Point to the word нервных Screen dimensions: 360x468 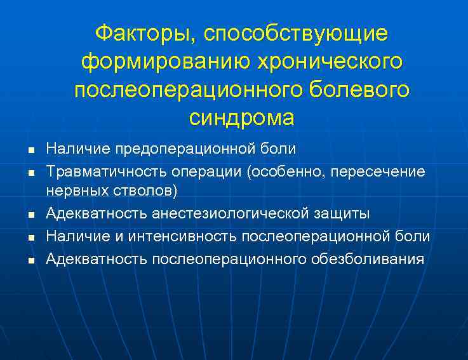point(79,190)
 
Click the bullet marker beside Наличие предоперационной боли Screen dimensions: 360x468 point(30,151)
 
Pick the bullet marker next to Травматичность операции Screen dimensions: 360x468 point(30,173)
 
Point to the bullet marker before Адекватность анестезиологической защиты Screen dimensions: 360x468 point(30,215)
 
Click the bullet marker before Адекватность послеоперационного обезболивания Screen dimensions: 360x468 point(30,260)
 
